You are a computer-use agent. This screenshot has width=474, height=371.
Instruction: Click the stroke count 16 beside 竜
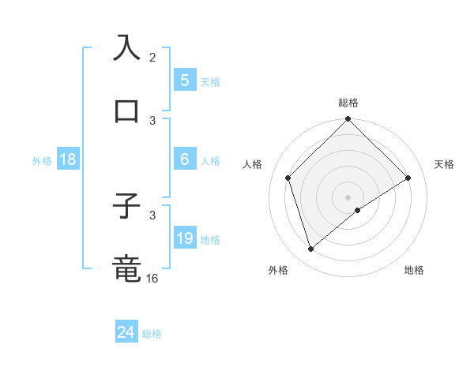point(152,278)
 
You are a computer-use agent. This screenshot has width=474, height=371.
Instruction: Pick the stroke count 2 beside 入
point(152,57)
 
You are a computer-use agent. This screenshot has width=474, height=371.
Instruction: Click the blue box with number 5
point(184,80)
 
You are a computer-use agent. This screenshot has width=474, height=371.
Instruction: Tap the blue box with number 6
point(184,159)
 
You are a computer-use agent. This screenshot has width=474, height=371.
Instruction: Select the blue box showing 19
point(184,238)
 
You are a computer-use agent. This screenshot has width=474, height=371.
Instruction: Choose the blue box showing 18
point(68,159)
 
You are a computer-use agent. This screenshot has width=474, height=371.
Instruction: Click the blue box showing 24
point(126,332)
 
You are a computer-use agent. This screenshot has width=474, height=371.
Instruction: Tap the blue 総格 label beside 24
point(152,334)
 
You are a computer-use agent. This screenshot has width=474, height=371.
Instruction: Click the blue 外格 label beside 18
point(42,161)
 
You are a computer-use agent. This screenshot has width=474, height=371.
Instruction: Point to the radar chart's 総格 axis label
point(348,103)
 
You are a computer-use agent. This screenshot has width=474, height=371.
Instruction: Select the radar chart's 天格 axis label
point(445,164)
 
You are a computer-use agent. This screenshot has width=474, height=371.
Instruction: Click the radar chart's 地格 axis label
point(414,270)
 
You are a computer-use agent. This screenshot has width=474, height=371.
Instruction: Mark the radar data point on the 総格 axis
point(348,120)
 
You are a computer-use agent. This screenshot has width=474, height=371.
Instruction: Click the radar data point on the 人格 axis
point(288,178)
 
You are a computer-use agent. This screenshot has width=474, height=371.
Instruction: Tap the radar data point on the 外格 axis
point(311,249)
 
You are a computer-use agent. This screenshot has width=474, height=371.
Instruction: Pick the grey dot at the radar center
point(348,197)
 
